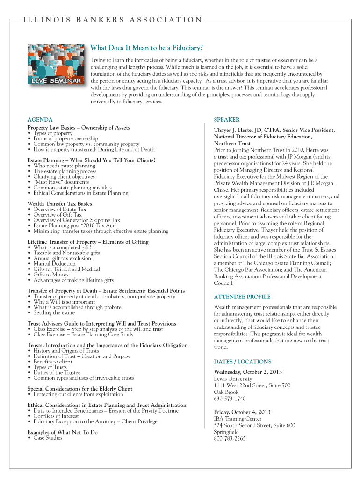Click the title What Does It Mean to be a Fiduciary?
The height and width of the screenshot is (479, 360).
(x=146, y=48)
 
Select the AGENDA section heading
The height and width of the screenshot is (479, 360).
(x=40, y=120)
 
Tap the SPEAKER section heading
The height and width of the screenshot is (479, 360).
(x=227, y=120)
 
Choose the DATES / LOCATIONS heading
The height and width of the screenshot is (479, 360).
(x=242, y=362)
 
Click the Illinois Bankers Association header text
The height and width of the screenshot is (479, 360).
(x=113, y=20)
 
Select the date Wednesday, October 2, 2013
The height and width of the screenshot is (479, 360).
(x=248, y=372)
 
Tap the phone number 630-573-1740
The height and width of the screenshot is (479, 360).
(x=230, y=399)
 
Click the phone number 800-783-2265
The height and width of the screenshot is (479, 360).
(x=230, y=439)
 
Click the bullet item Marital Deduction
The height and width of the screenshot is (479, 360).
(x=54, y=264)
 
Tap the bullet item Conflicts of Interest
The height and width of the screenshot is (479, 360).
(x=56, y=416)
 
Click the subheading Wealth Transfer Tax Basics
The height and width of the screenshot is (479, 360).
(x=59, y=204)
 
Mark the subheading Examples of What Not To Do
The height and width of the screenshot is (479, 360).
(x=62, y=432)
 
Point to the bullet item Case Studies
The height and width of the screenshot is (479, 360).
(x=48, y=438)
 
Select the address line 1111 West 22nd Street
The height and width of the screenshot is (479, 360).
(x=252, y=385)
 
